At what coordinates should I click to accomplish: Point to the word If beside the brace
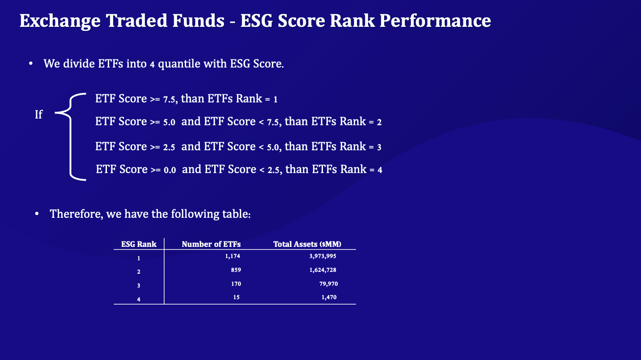click(x=38, y=114)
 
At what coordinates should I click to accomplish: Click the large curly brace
click(x=72, y=137)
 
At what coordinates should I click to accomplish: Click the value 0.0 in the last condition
click(x=170, y=170)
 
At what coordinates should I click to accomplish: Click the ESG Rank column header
click(x=139, y=244)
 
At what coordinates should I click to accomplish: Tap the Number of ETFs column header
click(x=211, y=244)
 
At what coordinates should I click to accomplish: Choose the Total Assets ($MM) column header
click(x=307, y=244)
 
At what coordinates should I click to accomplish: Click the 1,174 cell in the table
click(x=233, y=256)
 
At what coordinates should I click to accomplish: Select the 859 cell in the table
click(x=235, y=270)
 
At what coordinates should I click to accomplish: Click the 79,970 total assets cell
click(x=327, y=284)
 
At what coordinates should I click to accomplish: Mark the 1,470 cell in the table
click(x=329, y=297)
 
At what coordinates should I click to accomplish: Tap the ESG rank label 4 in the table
click(x=139, y=299)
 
